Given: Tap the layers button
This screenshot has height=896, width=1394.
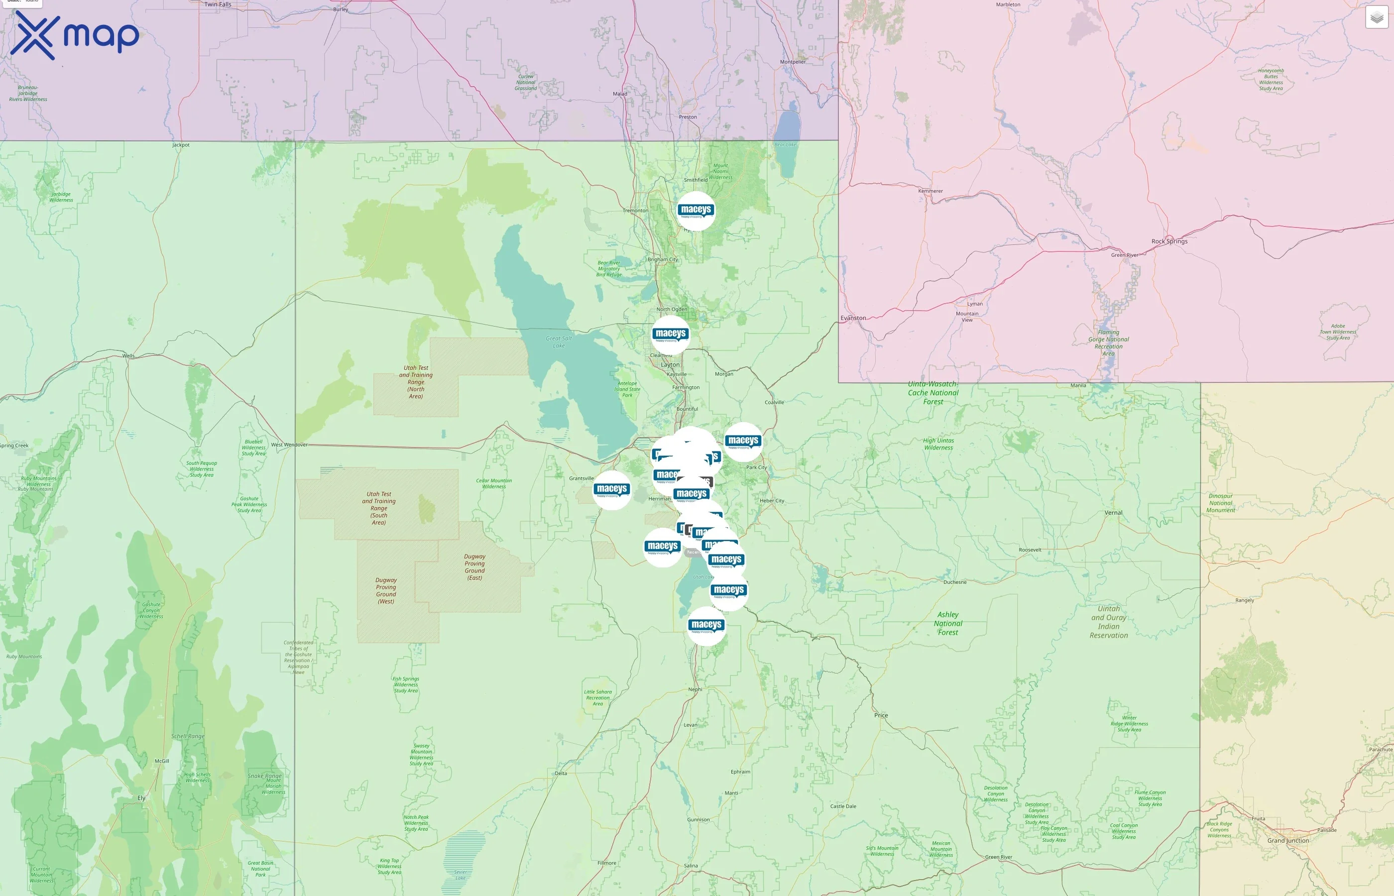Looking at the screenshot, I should click(x=1377, y=17).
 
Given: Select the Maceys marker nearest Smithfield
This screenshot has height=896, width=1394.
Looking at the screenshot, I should click(x=696, y=211).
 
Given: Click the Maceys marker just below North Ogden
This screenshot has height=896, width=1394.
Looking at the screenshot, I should click(x=670, y=335).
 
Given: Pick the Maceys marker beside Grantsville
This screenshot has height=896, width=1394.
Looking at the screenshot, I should click(x=611, y=490).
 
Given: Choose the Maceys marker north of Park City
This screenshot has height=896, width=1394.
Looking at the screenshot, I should click(x=743, y=442).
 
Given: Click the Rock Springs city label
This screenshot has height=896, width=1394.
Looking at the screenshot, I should click(x=1169, y=241).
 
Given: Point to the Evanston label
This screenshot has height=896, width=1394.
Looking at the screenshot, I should click(x=853, y=318).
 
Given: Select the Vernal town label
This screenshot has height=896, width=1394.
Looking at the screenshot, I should click(x=1113, y=513).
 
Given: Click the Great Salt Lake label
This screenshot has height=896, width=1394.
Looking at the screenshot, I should click(x=559, y=342).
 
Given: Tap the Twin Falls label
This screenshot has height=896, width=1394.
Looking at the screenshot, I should click(x=218, y=4).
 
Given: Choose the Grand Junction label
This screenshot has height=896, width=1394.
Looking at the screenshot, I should click(x=1287, y=841).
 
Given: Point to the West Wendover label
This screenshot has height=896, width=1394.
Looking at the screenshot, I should click(x=289, y=445).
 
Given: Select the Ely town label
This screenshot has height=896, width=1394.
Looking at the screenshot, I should click(x=141, y=797).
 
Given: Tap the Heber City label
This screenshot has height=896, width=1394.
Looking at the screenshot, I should click(x=772, y=500).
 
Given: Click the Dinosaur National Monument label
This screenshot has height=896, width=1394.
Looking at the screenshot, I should click(x=1220, y=503).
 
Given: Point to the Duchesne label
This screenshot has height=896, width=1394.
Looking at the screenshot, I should click(x=955, y=582).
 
